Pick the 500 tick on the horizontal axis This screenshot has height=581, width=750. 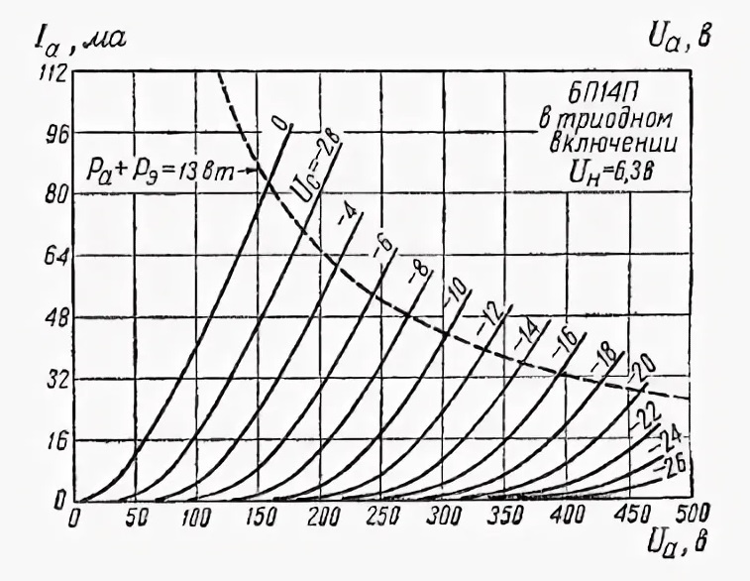pos(680,516)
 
